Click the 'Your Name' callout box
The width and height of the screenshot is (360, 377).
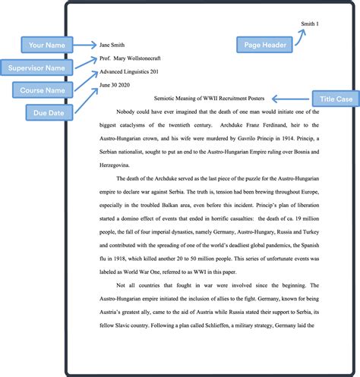point(47,45)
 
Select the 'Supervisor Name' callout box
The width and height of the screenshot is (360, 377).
point(36,68)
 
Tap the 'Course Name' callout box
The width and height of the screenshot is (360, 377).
point(43,90)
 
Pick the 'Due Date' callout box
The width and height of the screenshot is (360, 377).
point(49,112)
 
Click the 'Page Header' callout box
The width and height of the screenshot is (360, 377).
point(264,45)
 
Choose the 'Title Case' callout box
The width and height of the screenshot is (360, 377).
point(336,99)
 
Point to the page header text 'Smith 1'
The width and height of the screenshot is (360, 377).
point(310,24)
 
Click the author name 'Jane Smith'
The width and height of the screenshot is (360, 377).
point(112,45)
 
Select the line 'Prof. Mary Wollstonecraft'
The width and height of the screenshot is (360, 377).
point(130,58)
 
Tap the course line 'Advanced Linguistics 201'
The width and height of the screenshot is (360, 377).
point(129,72)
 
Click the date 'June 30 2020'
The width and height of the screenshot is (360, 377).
point(115,85)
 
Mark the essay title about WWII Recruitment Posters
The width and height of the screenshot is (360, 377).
point(209,99)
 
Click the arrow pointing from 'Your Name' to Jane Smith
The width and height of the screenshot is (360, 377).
point(85,45)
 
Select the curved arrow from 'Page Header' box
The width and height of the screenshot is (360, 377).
point(300,37)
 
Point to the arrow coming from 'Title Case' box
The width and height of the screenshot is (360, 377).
point(290,99)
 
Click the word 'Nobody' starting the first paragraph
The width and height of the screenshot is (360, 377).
point(125,112)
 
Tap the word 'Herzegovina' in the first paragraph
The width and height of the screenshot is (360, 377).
point(114,165)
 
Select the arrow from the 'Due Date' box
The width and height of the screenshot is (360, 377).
point(87,100)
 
